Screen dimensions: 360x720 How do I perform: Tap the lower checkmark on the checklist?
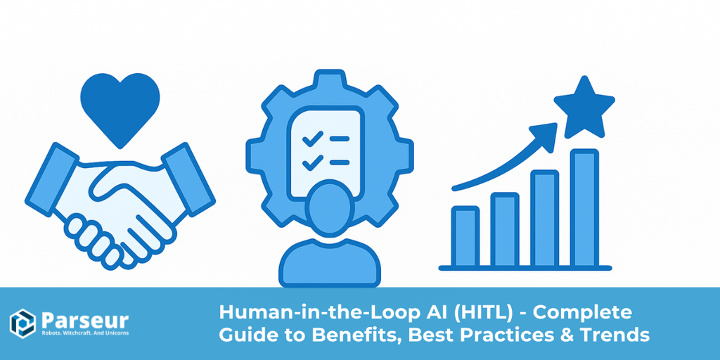[x=310, y=163]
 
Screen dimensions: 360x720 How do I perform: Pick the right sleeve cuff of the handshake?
[x=188, y=176]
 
